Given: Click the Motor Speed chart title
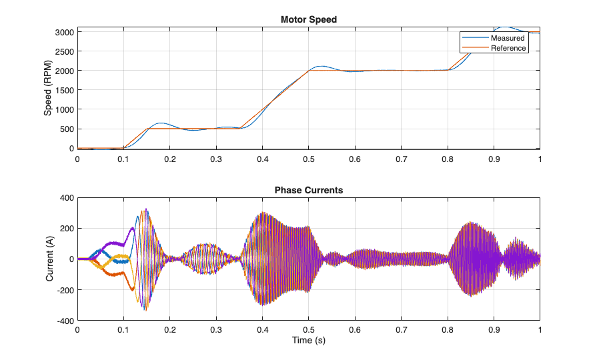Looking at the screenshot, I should pos(308,19).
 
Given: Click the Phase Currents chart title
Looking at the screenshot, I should pos(308,190).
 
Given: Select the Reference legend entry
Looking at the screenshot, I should pos(508,48).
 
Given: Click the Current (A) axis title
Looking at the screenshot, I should pos(50,259).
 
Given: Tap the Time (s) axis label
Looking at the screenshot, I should pos(308,340).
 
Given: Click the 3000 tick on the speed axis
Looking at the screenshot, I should pos(64,32).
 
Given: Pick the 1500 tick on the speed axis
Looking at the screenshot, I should pos(64,90).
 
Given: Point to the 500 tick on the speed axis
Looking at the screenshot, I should pos(67,129).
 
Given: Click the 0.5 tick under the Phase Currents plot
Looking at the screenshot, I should pos(308,329).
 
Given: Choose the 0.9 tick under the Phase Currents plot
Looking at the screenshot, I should pos(494,329).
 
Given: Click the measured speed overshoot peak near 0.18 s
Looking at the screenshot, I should pos(161,123).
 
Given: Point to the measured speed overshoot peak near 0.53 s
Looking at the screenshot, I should pos(322,66).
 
